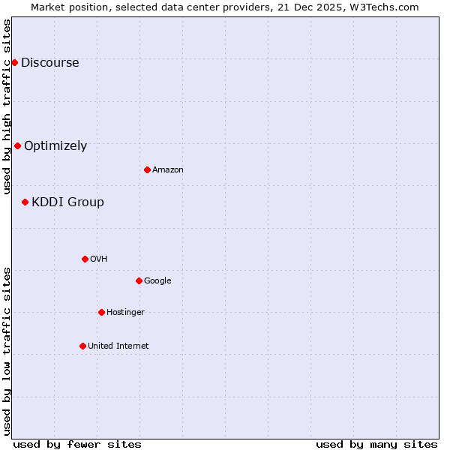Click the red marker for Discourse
(14, 62)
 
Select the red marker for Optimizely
(17, 145)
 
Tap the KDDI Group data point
(25, 202)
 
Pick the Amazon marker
(147, 169)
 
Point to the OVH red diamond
(85, 259)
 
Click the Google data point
(139, 280)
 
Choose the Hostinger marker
(101, 312)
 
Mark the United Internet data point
(82, 346)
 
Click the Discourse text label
(49, 63)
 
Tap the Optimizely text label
(55, 146)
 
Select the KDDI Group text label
(67, 202)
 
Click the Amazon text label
(168, 170)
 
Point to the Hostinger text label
(125, 313)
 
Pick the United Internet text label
(118, 346)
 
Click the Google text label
(157, 281)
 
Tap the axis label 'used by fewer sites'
(77, 444)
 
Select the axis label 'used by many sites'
(376, 444)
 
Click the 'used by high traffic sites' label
(7, 106)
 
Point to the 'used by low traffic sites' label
(7, 350)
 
